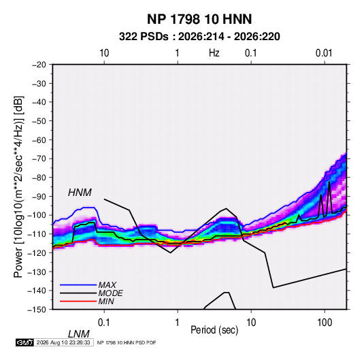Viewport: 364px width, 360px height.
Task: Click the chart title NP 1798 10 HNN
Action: (199, 19)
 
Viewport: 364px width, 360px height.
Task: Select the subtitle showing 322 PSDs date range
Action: (199, 37)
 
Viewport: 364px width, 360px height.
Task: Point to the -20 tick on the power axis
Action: (39, 65)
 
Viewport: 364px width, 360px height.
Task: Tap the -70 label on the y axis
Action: (39, 159)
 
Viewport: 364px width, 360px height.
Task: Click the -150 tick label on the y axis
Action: (37, 310)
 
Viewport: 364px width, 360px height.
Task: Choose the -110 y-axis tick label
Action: (37, 234)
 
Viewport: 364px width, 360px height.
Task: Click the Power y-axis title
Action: (18, 186)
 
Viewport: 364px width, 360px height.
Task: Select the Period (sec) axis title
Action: (214, 330)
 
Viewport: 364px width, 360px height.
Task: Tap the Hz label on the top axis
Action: (214, 53)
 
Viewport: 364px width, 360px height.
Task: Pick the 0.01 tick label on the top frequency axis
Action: (324, 53)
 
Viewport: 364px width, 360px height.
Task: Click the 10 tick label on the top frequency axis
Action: (104, 53)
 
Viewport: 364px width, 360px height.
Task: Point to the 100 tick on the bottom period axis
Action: (325, 323)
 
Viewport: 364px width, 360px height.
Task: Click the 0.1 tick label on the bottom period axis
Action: (104, 323)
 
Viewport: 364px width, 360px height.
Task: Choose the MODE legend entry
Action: (91, 293)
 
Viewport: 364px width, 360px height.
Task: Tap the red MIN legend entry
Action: (87, 301)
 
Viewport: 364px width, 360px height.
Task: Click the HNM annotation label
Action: (80, 193)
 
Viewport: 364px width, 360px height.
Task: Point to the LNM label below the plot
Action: (78, 334)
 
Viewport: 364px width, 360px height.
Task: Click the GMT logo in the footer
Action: (24, 342)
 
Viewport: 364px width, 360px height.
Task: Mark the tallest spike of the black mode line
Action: (329, 182)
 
